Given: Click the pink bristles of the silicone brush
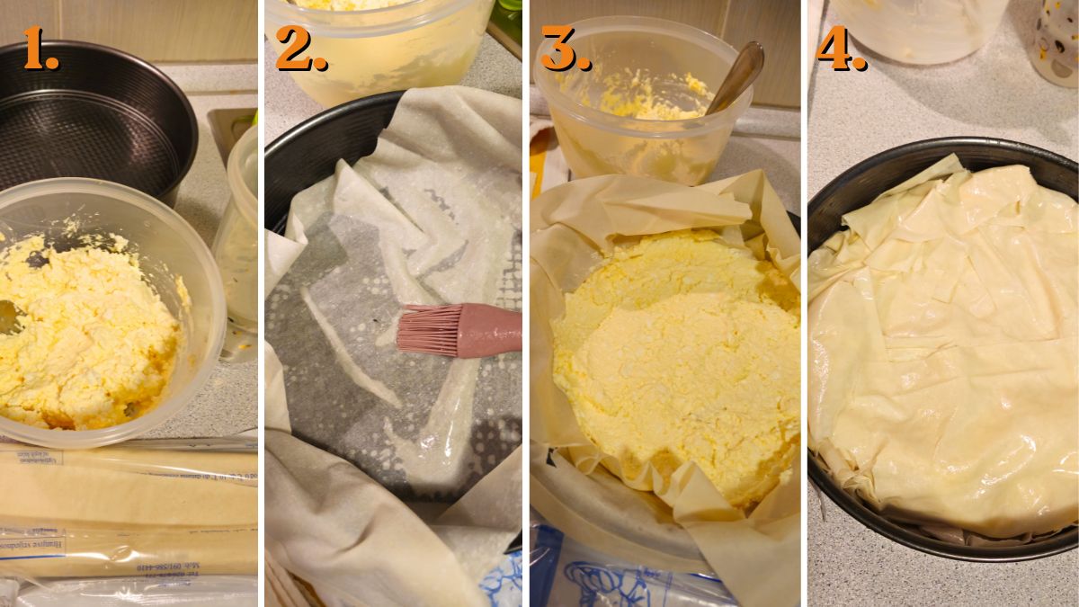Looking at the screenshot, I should coord(427,329).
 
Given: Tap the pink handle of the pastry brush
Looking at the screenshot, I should coord(490,329).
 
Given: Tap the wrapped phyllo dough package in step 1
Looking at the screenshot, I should coord(126,513).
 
